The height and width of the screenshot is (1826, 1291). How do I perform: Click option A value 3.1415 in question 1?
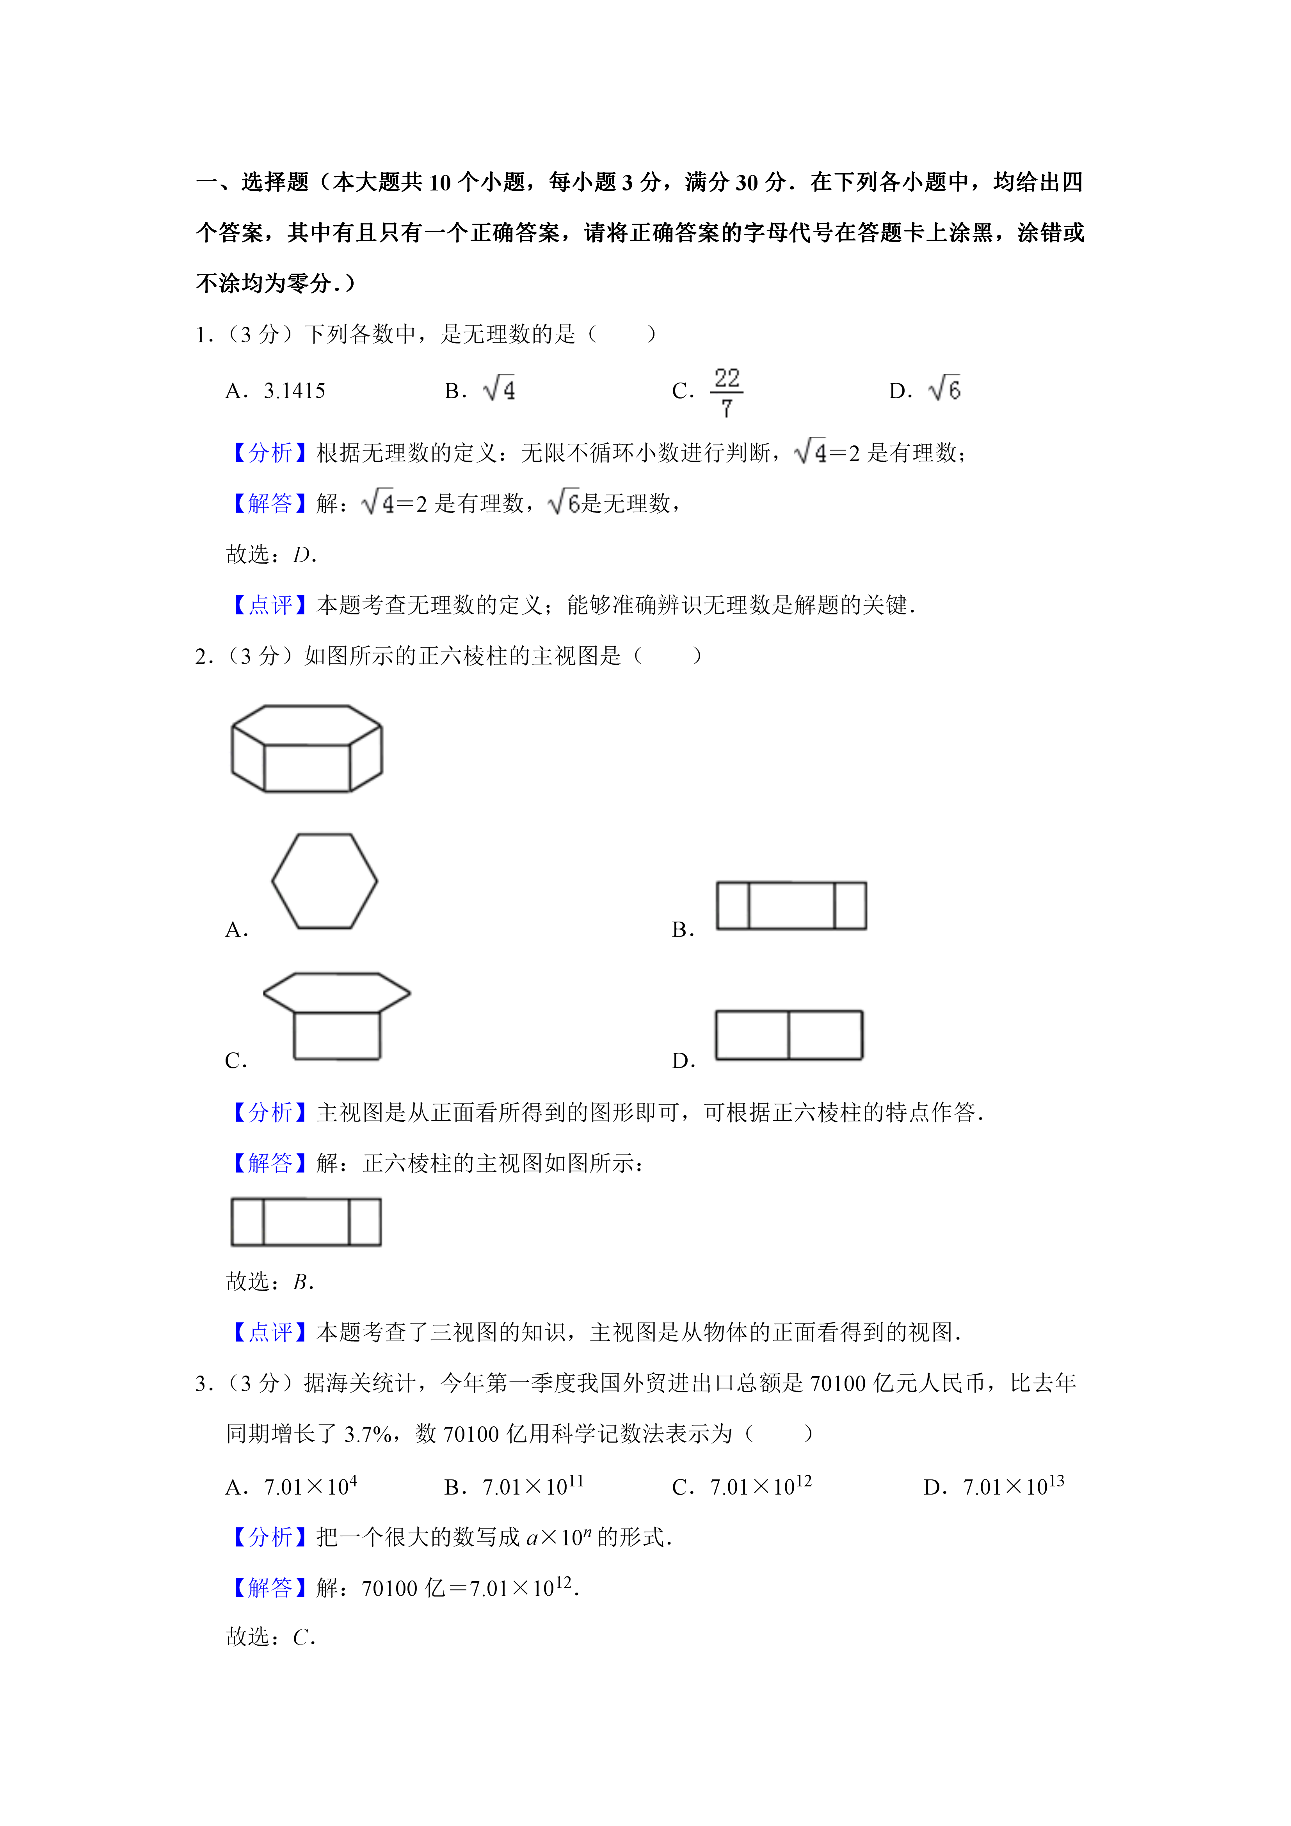click(294, 390)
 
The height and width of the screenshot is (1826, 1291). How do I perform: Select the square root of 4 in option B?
click(499, 389)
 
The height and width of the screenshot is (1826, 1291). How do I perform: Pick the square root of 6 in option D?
click(945, 389)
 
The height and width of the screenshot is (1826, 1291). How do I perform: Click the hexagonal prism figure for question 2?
click(307, 748)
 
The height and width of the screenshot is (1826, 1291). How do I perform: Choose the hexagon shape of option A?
click(324, 880)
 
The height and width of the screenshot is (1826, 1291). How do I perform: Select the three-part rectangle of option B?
click(791, 905)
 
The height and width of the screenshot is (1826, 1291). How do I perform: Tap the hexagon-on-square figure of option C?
click(337, 1016)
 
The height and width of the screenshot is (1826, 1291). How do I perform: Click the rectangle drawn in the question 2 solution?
click(306, 1222)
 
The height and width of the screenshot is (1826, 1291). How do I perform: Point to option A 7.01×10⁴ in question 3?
click(310, 1486)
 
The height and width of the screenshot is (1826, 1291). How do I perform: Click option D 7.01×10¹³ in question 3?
click(1013, 1486)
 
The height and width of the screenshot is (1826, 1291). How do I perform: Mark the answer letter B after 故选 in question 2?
click(301, 1282)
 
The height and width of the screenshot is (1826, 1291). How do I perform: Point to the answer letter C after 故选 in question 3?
click(301, 1637)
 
